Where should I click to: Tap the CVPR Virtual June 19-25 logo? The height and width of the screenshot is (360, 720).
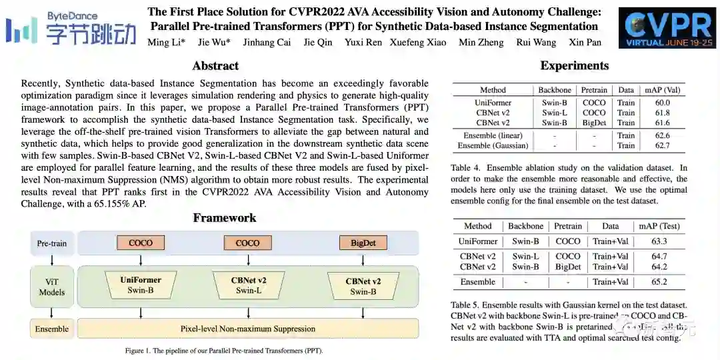point(667,29)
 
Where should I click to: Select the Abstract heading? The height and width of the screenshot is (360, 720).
point(215,65)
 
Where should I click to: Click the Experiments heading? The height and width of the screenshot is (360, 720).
point(574,65)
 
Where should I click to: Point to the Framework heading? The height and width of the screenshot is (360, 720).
point(225,218)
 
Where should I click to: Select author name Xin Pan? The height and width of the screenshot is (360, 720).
point(585,42)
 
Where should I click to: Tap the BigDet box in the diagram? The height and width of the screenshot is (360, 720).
point(363,243)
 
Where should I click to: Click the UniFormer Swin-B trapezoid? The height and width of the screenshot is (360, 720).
point(141,285)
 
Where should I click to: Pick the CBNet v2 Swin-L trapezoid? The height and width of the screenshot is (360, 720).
point(249,285)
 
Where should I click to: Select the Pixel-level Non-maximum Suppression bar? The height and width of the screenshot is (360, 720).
point(248,329)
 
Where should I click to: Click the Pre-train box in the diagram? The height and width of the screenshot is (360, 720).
point(52,243)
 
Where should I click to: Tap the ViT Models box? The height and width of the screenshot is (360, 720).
point(52,287)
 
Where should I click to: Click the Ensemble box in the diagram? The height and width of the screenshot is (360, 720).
point(52,329)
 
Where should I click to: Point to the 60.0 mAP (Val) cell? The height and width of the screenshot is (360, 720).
point(662,103)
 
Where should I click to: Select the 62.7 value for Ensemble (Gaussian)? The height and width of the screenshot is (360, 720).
point(662,145)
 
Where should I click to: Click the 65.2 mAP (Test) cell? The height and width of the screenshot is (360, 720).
point(659,282)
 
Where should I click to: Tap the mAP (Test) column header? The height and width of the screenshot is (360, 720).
point(659,226)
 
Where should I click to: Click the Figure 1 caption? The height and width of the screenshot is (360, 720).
point(224,351)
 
